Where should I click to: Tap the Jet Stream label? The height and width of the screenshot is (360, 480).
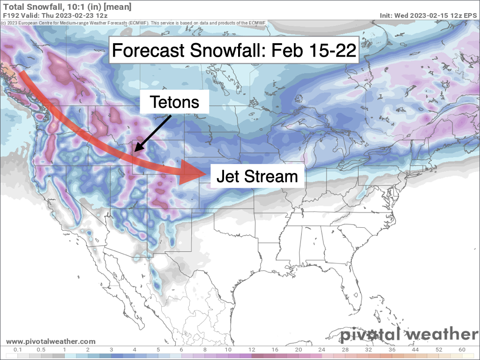[x=256, y=176]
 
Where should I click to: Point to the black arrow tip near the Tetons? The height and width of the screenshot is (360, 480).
[x=134, y=151]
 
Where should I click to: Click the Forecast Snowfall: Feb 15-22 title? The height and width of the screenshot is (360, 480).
[x=234, y=51]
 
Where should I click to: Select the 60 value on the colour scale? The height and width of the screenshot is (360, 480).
[x=462, y=349]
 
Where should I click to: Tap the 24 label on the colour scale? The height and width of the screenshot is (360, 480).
[x=322, y=349]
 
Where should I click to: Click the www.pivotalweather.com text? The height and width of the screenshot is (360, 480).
[x=51, y=342]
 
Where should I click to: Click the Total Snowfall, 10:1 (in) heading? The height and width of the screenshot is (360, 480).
[x=67, y=7]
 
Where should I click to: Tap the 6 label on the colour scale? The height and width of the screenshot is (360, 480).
[x=181, y=349]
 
